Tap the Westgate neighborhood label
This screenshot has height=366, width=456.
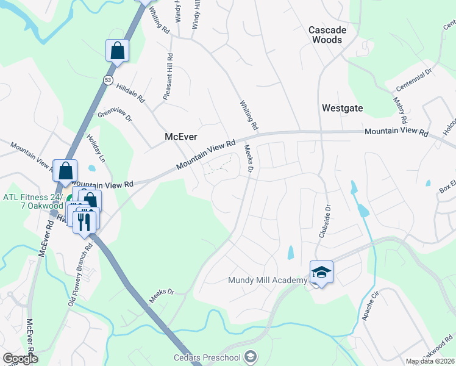(x=342, y=108)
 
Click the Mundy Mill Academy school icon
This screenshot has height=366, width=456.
(x=321, y=272)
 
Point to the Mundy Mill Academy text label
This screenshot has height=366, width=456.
(x=267, y=281)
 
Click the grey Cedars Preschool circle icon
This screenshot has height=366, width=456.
(x=250, y=356)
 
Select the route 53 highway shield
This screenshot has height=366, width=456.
(x=108, y=81)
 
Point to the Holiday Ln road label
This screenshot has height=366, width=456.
(x=96, y=148)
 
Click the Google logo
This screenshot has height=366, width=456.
(x=21, y=359)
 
